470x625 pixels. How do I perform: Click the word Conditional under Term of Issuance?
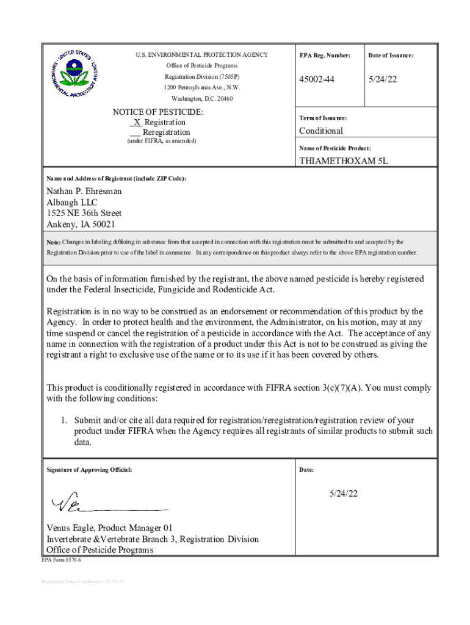click(x=321, y=131)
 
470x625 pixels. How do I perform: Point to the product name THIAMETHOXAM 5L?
click(x=343, y=161)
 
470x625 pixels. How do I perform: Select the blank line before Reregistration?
click(x=135, y=132)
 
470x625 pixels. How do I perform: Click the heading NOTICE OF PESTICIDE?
click(x=157, y=112)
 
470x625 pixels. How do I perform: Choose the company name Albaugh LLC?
click(x=72, y=202)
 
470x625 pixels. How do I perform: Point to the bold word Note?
click(x=53, y=242)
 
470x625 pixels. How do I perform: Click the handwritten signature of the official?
click(x=73, y=504)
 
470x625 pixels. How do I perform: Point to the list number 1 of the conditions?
click(x=63, y=421)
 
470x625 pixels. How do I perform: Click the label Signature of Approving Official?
click(x=89, y=470)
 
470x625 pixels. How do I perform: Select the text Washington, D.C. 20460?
click(x=202, y=98)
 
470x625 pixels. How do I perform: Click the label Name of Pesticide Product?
click(x=335, y=148)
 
